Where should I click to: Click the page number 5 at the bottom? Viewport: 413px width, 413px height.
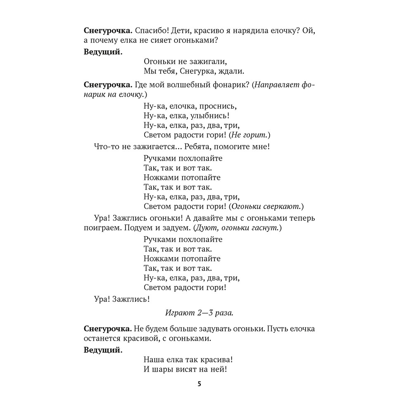click(199, 384)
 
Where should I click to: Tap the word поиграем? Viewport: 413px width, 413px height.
click(101, 228)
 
